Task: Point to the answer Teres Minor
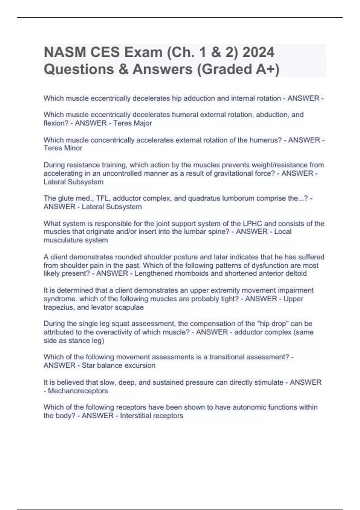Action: coord(63,148)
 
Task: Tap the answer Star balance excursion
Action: coord(118,365)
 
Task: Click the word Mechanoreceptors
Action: coord(78,391)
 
